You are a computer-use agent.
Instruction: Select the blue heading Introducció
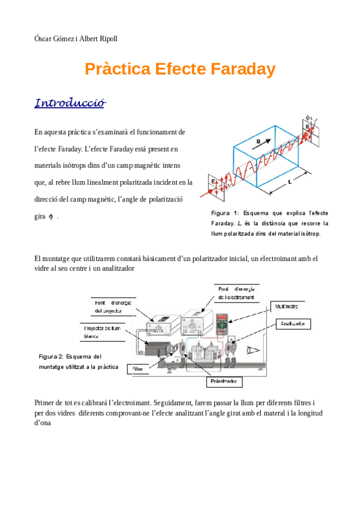tap(70, 103)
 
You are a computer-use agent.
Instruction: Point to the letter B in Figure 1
tap(258, 141)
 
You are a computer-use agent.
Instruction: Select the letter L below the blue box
tap(290, 180)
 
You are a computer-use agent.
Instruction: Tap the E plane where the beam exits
tap(307, 128)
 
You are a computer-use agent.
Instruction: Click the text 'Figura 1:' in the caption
tap(225, 214)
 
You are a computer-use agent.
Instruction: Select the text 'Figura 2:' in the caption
tap(51, 356)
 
